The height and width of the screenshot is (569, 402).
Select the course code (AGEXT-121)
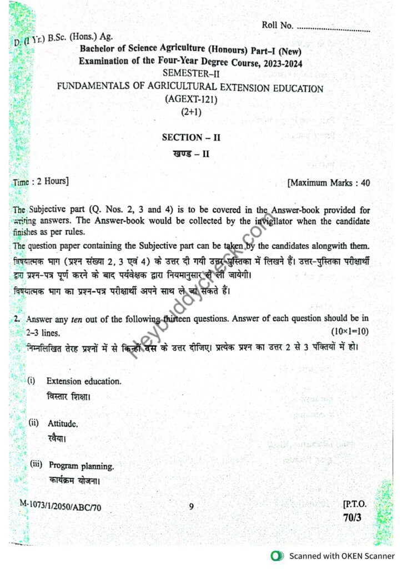[191, 99]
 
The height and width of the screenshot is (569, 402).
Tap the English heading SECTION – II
[191, 137]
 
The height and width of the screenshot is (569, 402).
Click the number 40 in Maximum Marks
[365, 182]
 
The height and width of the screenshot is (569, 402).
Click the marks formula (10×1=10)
[349, 332]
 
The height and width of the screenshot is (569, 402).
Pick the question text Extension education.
[84, 382]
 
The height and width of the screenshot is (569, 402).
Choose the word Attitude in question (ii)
[63, 423]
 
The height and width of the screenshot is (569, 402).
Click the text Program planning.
[81, 465]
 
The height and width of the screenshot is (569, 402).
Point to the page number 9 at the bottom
[191, 506]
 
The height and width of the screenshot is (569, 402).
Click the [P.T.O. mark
[355, 505]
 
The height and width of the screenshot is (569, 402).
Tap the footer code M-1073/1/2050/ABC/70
[61, 506]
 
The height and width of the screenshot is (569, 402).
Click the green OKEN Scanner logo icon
[275, 556]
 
